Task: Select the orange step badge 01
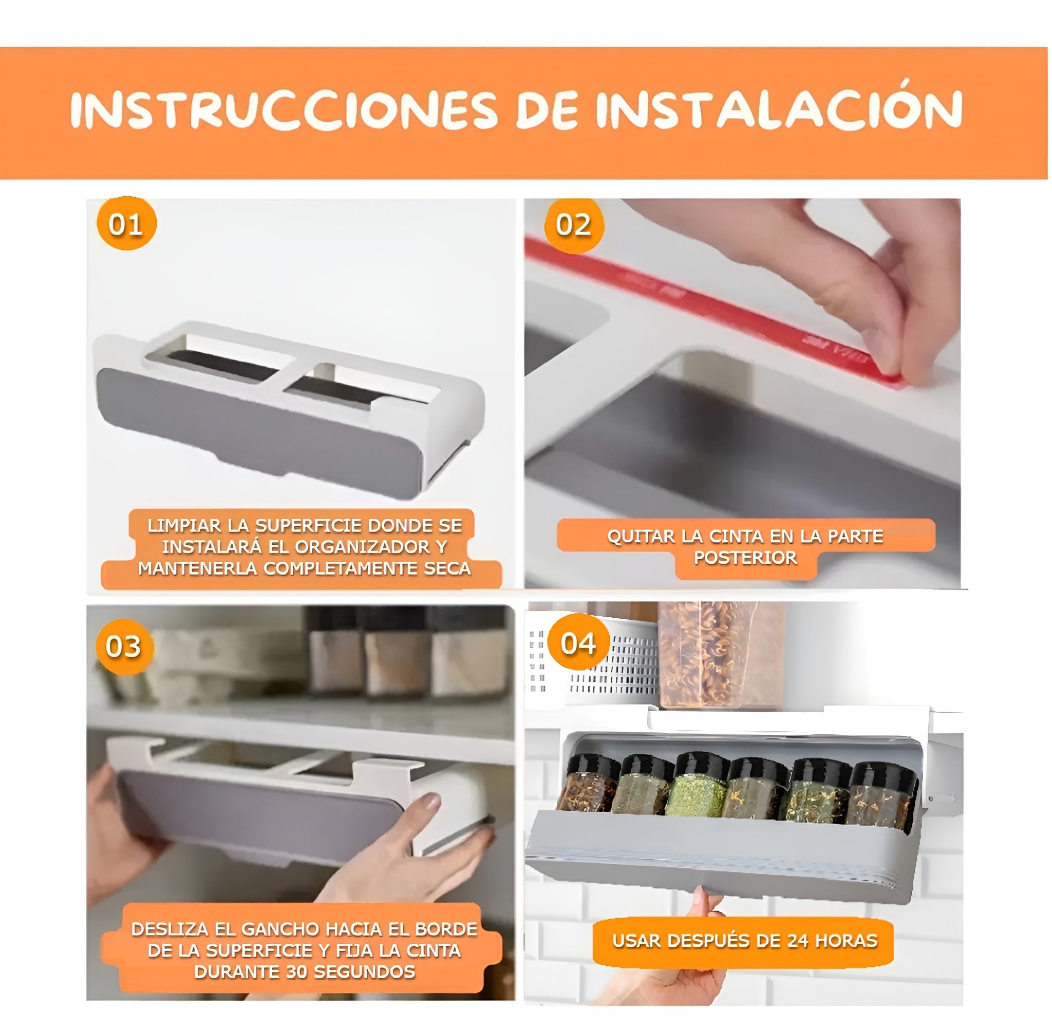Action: click(x=126, y=223)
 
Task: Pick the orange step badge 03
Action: click(x=124, y=646)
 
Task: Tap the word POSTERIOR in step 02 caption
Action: click(x=745, y=558)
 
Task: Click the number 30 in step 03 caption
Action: click(x=296, y=972)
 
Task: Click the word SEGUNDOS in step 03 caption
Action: click(x=364, y=972)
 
